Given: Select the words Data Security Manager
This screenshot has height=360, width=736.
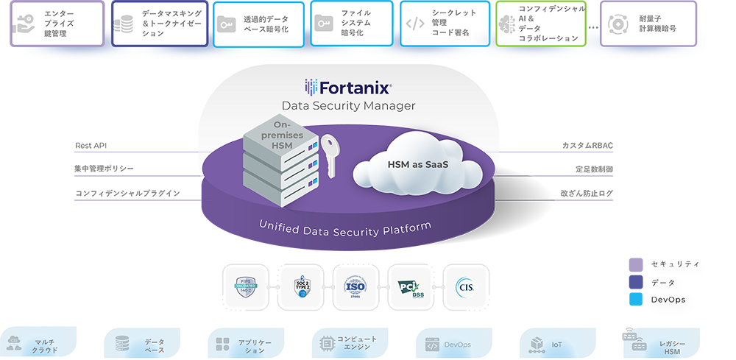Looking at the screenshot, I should click(x=348, y=106).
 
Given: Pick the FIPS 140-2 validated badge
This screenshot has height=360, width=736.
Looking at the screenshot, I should click(x=247, y=287).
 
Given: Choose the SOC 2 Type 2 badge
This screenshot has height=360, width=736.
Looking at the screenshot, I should click(x=300, y=287).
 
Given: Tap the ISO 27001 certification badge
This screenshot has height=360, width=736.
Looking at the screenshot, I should click(x=355, y=287).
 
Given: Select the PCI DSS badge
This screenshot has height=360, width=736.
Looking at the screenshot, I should click(x=410, y=287).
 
